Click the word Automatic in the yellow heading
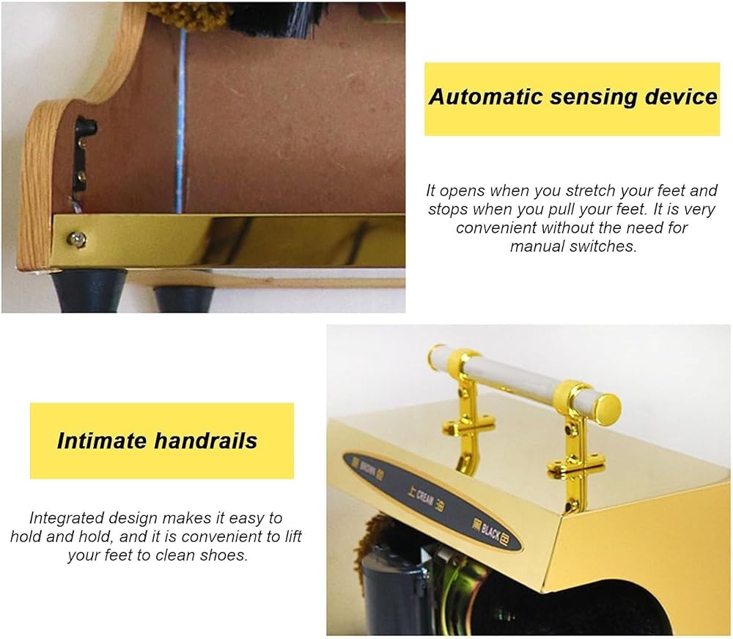coord(486,97)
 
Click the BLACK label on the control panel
coord(490,531)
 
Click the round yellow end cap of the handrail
coord(608,406)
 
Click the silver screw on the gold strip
coord(76,240)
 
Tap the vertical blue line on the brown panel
coord(180,121)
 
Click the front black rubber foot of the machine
coord(88,291)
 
